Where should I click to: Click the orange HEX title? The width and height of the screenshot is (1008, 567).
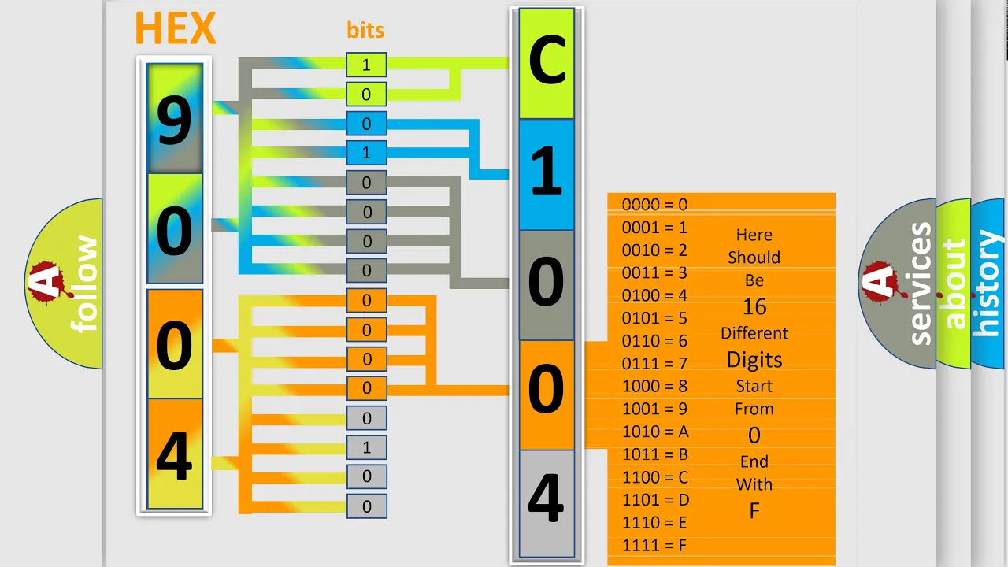tap(176, 28)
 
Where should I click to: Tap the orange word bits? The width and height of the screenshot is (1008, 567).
tap(365, 30)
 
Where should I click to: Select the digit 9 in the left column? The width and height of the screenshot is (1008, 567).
tap(175, 121)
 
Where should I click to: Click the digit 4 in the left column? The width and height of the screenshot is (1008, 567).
tap(175, 456)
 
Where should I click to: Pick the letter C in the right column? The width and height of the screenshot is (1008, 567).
tap(547, 61)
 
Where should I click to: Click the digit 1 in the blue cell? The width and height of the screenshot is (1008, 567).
tap(547, 172)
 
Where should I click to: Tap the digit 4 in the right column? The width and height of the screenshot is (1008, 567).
tap(546, 499)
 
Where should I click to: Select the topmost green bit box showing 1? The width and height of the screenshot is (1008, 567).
tap(366, 65)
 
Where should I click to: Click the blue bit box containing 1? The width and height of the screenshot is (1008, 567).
tap(366, 153)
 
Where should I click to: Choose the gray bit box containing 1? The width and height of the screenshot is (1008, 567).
tap(366, 448)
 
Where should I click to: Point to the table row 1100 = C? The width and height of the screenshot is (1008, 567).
tap(654, 477)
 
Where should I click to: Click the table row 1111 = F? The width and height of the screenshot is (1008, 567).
tap(654, 546)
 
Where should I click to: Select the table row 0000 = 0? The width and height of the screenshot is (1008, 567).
tap(654, 205)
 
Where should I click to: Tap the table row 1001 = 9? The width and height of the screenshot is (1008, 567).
tap(654, 409)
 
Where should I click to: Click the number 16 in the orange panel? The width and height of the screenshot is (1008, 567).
tap(754, 307)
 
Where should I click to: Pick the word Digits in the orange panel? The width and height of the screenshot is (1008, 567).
tap(754, 360)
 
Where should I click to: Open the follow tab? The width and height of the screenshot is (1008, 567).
tap(84, 283)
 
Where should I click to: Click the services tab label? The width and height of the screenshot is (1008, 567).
tap(921, 283)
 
